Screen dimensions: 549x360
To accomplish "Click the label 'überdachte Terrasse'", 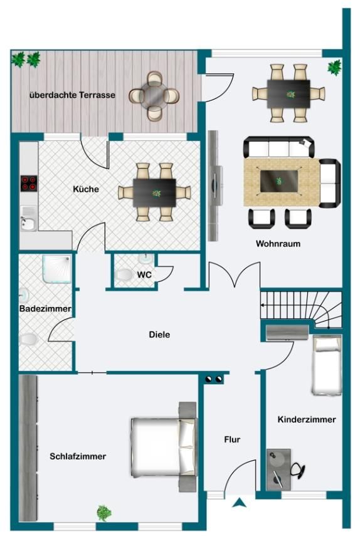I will (x=72, y=95).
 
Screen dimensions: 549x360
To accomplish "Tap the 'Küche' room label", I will (x=86, y=189).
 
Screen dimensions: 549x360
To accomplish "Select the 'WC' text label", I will (x=145, y=274).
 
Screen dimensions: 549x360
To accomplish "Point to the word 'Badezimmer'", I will (x=45, y=310).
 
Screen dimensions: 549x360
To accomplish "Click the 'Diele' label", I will (x=159, y=334).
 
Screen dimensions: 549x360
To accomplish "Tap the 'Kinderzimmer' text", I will (x=307, y=419).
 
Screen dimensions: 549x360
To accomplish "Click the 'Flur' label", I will (x=232, y=439).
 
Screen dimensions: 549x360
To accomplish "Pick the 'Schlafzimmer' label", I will (x=78, y=456).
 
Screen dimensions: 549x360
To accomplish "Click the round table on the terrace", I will (x=154, y=95).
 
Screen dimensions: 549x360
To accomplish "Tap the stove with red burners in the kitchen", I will (x=29, y=183).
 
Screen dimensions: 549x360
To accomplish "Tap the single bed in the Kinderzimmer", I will (x=327, y=365).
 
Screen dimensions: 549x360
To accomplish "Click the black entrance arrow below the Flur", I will (x=238, y=502).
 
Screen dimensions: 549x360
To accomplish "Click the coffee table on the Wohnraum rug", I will (x=279, y=181).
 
